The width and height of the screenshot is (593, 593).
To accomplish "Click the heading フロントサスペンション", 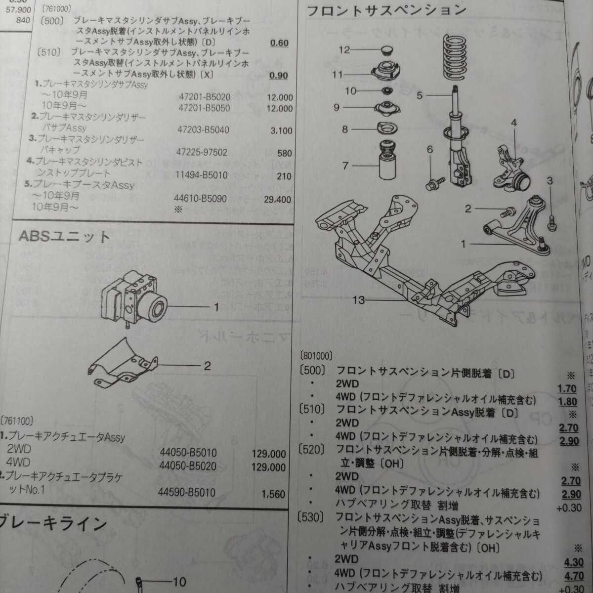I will tap(386, 11).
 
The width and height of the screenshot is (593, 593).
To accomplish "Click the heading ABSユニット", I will tap(64, 237).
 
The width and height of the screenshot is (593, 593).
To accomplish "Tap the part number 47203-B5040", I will tap(203, 130).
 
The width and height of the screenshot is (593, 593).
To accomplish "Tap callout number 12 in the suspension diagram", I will tap(344, 50).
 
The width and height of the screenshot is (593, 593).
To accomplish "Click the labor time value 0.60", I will tap(279, 43).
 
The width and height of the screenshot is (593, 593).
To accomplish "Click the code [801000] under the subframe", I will tap(317, 355).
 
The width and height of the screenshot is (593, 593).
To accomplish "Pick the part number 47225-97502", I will tap(203, 153).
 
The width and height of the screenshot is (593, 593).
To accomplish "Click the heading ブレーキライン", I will tap(54, 522).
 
